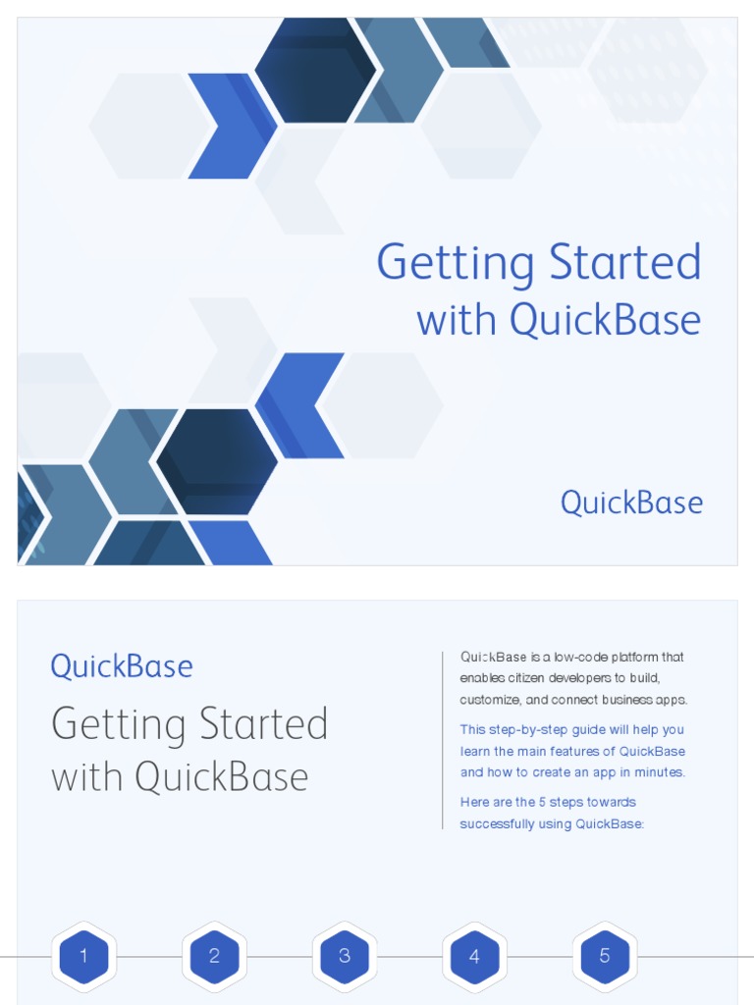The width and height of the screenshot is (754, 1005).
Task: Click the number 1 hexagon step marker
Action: pos(83,956)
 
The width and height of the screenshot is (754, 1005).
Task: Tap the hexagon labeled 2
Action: pos(214,956)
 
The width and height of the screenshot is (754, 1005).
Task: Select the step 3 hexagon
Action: pos(345,956)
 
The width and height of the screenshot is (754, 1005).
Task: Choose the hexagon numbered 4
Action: pos(474,956)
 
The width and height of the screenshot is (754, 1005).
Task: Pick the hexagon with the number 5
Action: pos(605,956)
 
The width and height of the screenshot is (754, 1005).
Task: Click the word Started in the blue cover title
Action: pos(625,263)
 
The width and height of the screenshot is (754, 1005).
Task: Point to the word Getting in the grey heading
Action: pos(118,725)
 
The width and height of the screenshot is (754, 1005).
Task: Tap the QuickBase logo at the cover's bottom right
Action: pos(631,502)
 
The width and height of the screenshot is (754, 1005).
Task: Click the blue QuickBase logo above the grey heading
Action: pos(122,666)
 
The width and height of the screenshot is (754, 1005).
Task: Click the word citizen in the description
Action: pos(526,678)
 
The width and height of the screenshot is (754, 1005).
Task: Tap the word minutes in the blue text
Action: pos(662,772)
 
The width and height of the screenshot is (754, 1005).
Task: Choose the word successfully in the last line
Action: pos(497,823)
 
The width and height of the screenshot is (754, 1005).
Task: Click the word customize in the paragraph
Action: pos(490,700)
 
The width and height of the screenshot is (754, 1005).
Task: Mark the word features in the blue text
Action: pos(588,751)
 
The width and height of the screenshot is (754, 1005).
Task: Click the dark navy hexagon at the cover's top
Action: pos(315,71)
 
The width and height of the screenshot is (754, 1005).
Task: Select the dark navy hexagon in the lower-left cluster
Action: pos(217,461)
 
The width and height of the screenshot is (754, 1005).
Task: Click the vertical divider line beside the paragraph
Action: pos(443,740)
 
